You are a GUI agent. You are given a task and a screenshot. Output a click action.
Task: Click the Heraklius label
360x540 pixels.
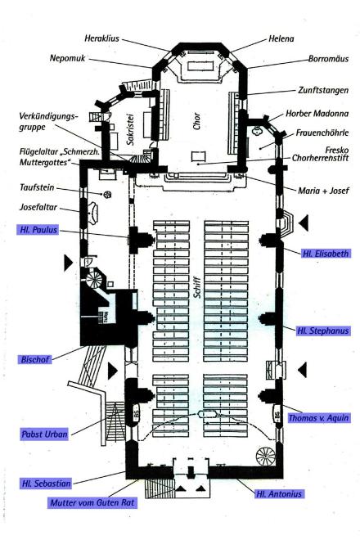pyautogui.click(x=102, y=38)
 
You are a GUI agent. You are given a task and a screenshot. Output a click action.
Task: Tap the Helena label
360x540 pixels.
pyautogui.click(x=281, y=38)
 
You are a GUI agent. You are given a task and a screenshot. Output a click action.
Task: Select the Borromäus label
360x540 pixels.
pyautogui.click(x=328, y=59)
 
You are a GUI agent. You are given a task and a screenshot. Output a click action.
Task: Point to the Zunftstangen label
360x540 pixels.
pyautogui.click(x=323, y=90)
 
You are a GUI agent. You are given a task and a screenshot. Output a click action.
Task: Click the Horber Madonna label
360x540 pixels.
pyautogui.click(x=317, y=113)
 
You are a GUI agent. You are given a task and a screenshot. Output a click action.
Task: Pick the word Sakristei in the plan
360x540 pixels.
pyautogui.click(x=130, y=129)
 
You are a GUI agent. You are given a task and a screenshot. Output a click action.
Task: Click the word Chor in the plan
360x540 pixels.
pyautogui.click(x=196, y=121)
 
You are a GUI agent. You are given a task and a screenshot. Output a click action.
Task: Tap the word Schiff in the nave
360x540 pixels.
pyautogui.click(x=196, y=287)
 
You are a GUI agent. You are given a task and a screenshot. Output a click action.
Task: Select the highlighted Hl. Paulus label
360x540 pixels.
pyautogui.click(x=38, y=230)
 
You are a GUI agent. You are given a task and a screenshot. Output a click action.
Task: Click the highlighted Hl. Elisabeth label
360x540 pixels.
pyautogui.click(x=326, y=254)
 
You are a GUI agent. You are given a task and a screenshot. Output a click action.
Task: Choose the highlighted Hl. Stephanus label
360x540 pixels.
pyautogui.click(x=323, y=331)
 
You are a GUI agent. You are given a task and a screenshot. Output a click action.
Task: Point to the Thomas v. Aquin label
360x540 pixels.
pyautogui.click(x=318, y=418)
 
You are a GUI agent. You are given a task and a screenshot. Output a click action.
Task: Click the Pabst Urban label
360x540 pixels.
pyautogui.click(x=44, y=434)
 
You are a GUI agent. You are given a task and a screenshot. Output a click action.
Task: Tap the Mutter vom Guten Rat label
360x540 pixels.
pyautogui.click(x=92, y=503)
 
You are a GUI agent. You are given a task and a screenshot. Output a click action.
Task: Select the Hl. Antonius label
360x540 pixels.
pyautogui.click(x=279, y=494)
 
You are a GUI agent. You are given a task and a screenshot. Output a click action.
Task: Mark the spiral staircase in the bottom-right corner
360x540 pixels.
pyautogui.click(x=266, y=456)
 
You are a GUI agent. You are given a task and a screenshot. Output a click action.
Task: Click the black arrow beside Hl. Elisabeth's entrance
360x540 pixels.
pyautogui.click(x=304, y=223)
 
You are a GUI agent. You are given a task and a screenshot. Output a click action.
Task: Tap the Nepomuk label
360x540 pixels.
pyautogui.click(x=68, y=58)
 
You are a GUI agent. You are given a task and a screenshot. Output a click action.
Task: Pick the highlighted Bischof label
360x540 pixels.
pyautogui.click(x=35, y=359)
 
